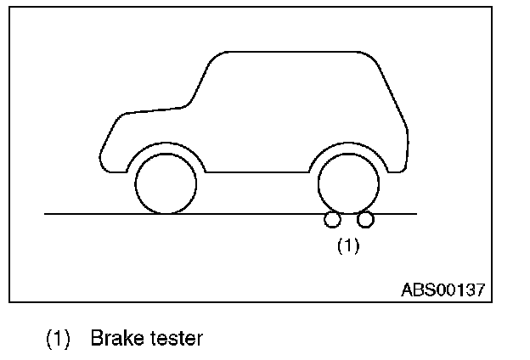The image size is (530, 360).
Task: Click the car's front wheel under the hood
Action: click(x=166, y=183)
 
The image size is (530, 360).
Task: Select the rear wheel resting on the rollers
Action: click(x=348, y=183)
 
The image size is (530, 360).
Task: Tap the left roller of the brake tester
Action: click(x=332, y=221)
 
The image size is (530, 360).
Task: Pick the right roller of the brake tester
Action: click(x=365, y=221)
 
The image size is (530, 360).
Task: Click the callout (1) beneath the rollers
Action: click(x=348, y=246)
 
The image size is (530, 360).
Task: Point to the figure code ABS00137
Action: click(x=443, y=289)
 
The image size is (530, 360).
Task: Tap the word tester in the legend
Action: click(x=174, y=339)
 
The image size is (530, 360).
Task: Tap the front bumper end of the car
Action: click(x=102, y=157)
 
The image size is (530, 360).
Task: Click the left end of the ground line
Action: click(x=47, y=214)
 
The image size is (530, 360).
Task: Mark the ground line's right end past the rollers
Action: click(x=414, y=214)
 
